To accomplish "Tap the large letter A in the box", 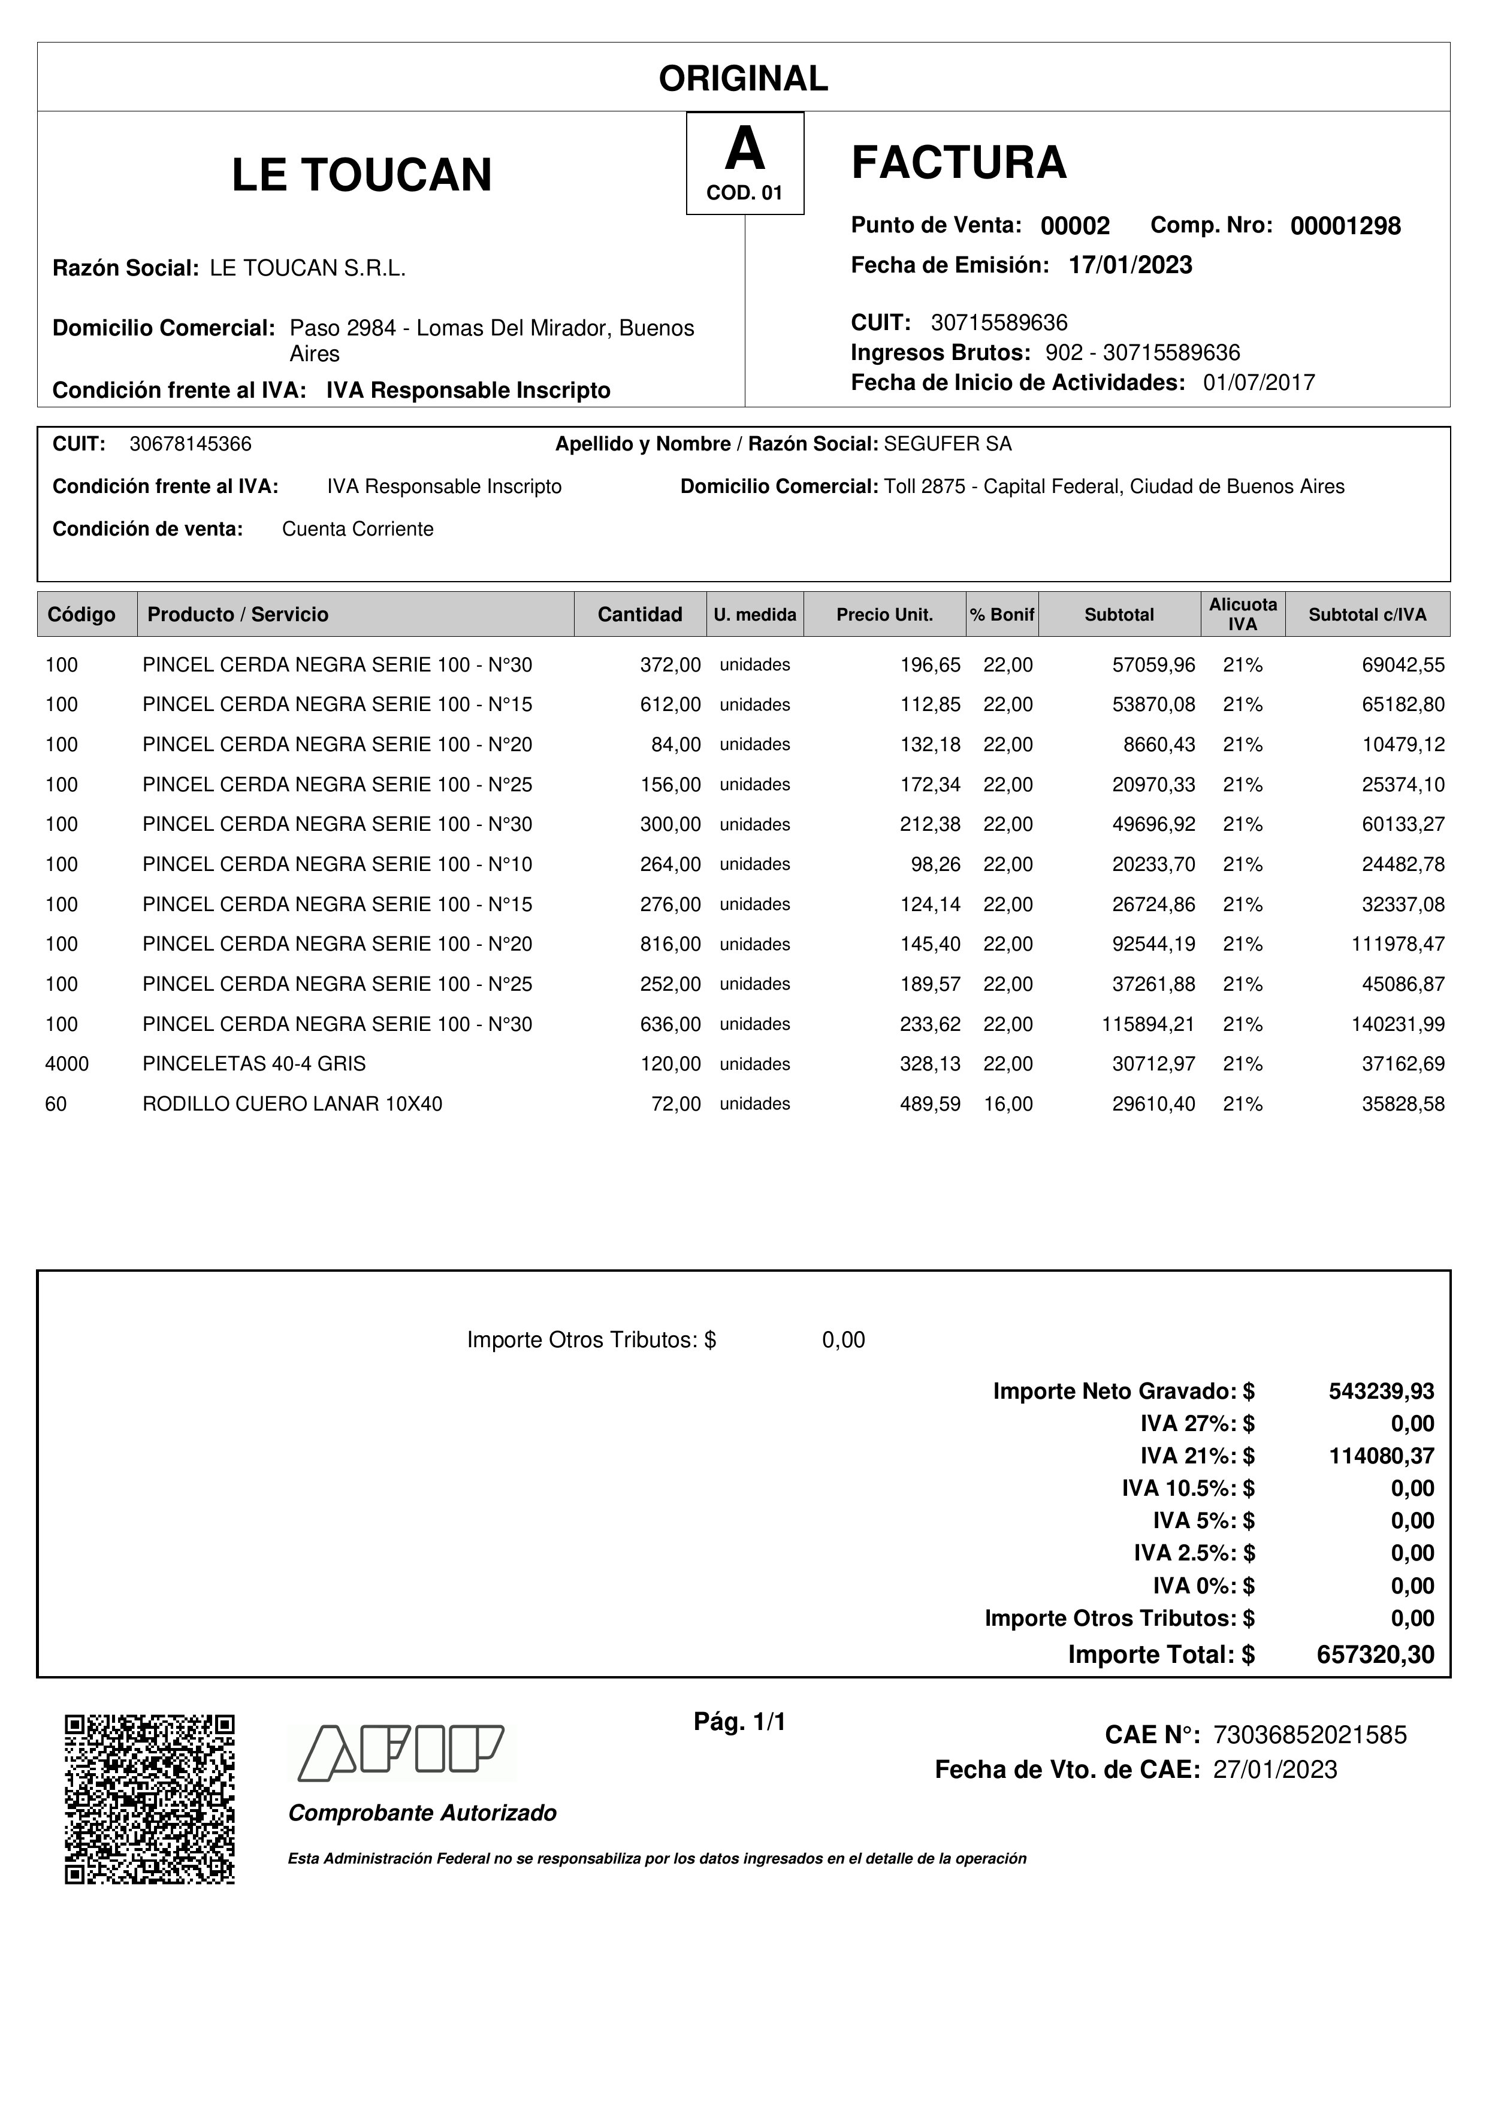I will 744,149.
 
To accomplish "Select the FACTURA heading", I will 959,163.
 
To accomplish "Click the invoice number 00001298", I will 1345,226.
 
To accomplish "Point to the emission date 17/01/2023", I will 1130,265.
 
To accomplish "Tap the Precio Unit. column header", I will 884,614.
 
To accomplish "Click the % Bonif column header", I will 1002,614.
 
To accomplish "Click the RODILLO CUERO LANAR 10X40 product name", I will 292,1104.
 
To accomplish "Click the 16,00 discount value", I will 1008,1104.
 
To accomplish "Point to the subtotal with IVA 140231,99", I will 1398,1024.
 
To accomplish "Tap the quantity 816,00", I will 670,944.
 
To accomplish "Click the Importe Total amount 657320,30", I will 1375,1655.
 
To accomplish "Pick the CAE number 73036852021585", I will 1309,1735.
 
